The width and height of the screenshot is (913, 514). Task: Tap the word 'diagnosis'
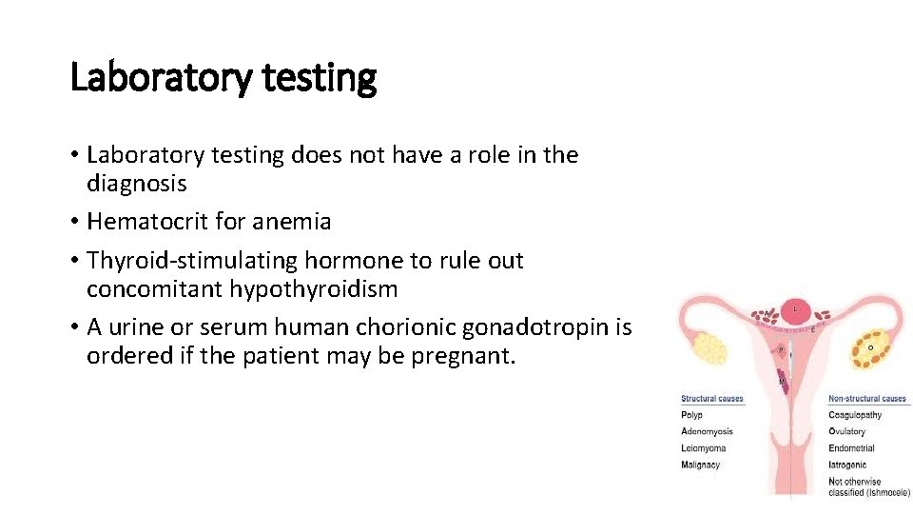point(136,183)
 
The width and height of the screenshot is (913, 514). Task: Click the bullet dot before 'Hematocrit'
point(74,223)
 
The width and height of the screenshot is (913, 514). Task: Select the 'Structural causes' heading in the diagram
point(711,399)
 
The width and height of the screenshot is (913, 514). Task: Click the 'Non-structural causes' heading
point(867,399)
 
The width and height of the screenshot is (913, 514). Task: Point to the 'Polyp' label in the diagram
point(691,415)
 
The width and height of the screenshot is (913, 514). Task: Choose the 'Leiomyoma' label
point(703,448)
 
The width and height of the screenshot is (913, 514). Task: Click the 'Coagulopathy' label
point(855,415)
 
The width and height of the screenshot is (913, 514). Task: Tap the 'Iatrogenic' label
point(847,465)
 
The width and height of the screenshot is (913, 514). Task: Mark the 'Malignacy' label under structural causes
point(700,465)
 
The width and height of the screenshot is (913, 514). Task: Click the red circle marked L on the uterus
point(795,310)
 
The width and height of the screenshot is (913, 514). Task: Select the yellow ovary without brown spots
point(712,348)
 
